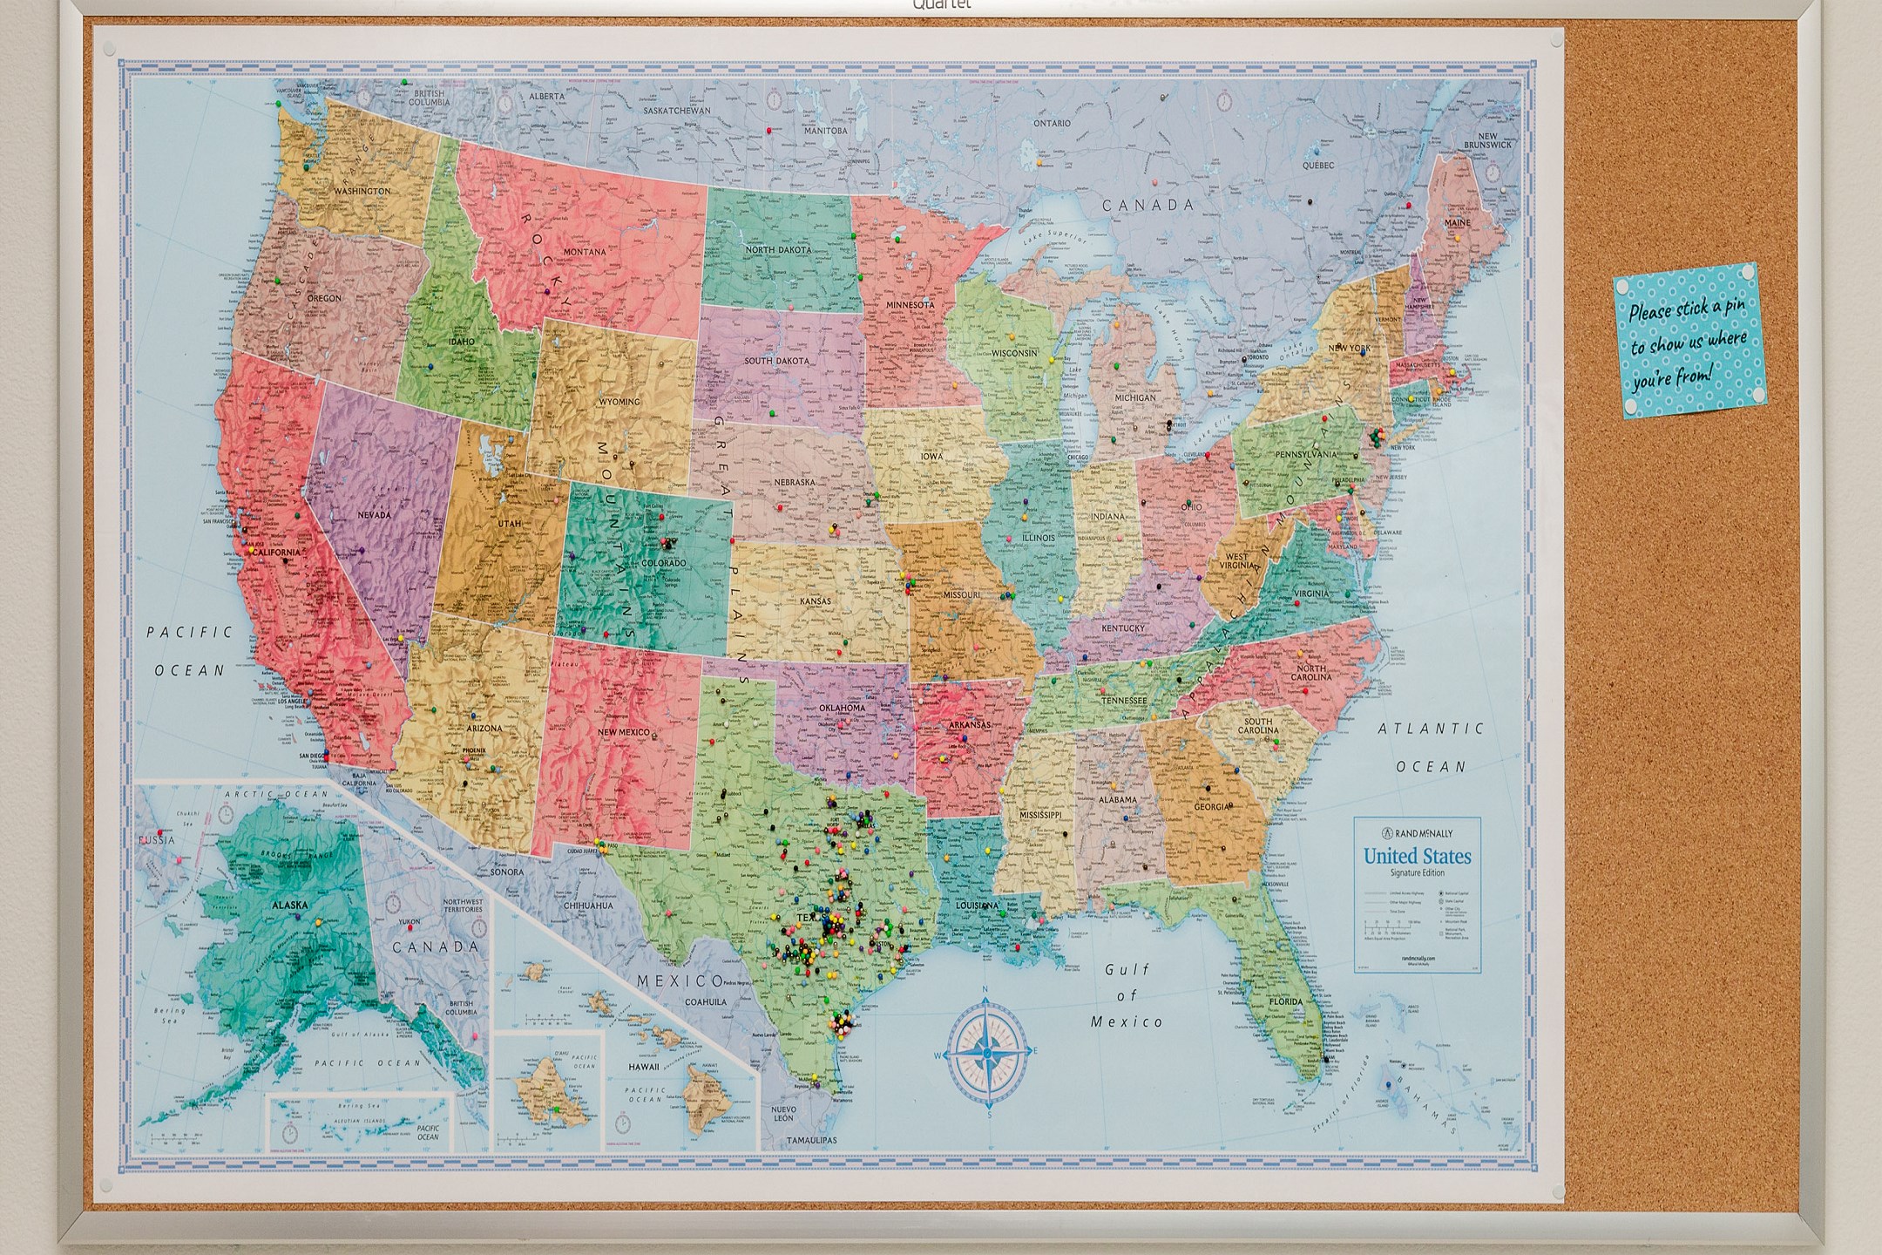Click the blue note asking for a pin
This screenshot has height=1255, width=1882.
click(1688, 341)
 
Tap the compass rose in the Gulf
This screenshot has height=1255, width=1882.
click(986, 1054)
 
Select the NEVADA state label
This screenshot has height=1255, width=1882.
click(374, 515)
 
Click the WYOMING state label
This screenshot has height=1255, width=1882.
click(619, 402)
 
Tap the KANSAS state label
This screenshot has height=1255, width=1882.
click(816, 601)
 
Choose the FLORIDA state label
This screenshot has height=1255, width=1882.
click(1285, 1002)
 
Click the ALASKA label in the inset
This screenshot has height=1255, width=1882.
click(289, 906)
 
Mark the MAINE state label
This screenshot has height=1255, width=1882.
click(1458, 223)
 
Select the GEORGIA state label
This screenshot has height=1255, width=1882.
click(1212, 806)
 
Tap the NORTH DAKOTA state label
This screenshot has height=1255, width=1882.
click(778, 250)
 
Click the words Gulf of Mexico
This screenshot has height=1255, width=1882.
click(1127, 995)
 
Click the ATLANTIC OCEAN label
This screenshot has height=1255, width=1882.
click(1431, 748)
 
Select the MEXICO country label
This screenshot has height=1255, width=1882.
click(680, 981)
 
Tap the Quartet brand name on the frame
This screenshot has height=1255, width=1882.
click(941, 5)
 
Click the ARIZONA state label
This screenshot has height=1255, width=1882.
click(484, 729)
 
